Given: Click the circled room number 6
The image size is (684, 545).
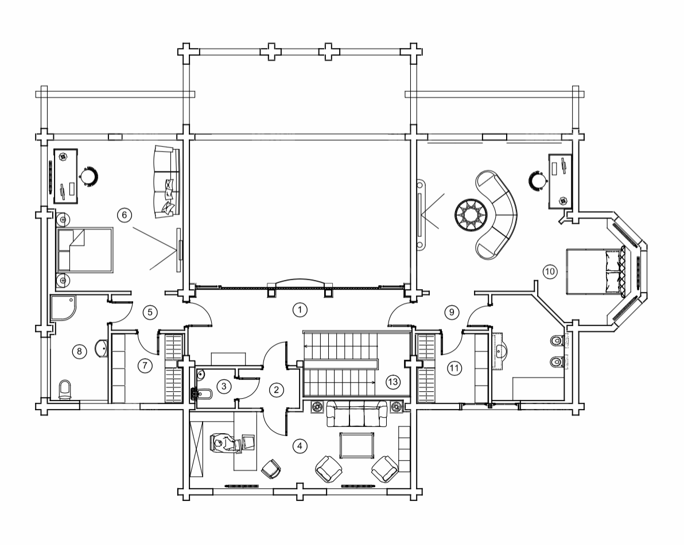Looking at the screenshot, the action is coord(125,215).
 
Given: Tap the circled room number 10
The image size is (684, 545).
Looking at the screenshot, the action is coord(550,271).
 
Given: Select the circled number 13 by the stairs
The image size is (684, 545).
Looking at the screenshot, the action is coord(393,382).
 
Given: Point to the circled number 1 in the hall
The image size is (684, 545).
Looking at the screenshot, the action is coord(300,310).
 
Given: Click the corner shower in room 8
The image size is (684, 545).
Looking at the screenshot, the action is coord(63,308).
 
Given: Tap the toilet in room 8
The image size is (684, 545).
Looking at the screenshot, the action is coord(65,389).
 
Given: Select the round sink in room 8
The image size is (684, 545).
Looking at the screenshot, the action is coord(101,348).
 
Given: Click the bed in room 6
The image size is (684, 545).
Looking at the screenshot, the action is coord(84,250).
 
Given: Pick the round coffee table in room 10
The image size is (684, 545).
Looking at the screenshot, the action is coord(471,215).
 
